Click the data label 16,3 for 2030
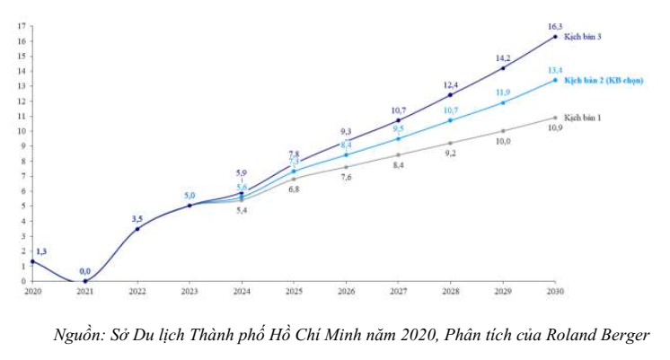(554, 27)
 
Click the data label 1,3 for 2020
(42, 251)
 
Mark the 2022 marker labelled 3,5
(137, 229)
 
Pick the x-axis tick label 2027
(397, 292)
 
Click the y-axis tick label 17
(20, 25)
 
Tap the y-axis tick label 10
(20, 130)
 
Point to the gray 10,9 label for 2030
(555, 129)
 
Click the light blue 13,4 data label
(554, 70)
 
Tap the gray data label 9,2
(450, 154)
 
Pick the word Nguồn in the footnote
(76, 336)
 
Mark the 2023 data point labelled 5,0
(189, 206)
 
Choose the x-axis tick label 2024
(241, 292)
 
